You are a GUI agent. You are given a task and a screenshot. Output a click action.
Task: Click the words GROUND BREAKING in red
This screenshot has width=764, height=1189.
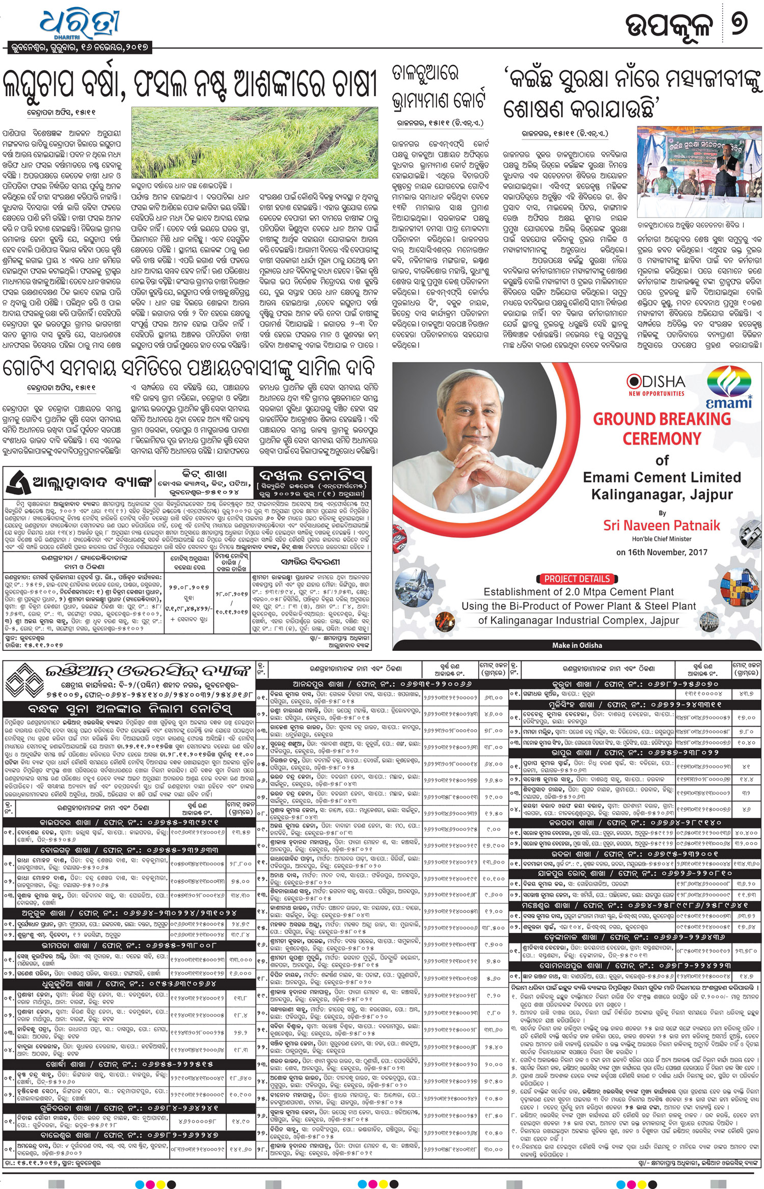coord(662,419)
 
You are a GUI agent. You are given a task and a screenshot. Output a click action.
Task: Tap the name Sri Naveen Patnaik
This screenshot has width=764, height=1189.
coord(662,525)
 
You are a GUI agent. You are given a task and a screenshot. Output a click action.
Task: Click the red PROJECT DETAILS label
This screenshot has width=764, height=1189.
coord(576,579)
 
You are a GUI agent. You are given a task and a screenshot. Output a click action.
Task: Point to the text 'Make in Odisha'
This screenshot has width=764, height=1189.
coord(577,645)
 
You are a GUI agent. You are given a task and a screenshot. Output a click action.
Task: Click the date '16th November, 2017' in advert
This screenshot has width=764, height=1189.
coord(662,552)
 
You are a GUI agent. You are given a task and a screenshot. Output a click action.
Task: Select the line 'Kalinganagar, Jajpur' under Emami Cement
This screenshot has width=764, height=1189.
coord(662,494)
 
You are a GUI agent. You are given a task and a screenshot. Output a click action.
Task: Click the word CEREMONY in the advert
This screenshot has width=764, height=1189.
coord(662,438)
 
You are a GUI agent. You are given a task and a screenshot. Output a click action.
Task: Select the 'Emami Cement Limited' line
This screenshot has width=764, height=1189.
coord(662,477)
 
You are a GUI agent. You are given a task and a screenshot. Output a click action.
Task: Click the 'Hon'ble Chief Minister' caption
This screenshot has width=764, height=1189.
coord(662,539)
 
